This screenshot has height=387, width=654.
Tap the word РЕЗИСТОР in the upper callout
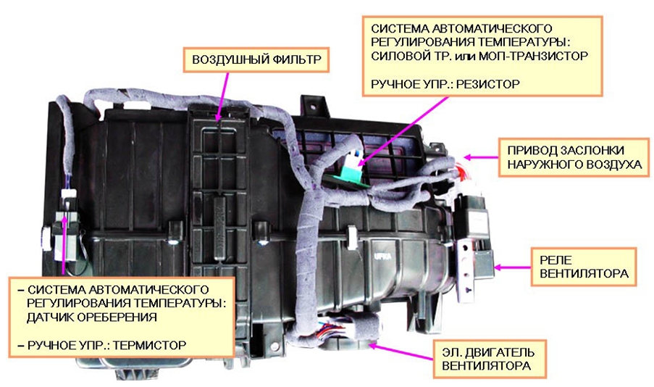[x=488, y=84]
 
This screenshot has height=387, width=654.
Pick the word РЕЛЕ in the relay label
[x=556, y=260]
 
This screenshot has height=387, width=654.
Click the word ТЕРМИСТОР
[x=150, y=346]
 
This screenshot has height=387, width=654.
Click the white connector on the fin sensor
[x=68, y=194]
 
